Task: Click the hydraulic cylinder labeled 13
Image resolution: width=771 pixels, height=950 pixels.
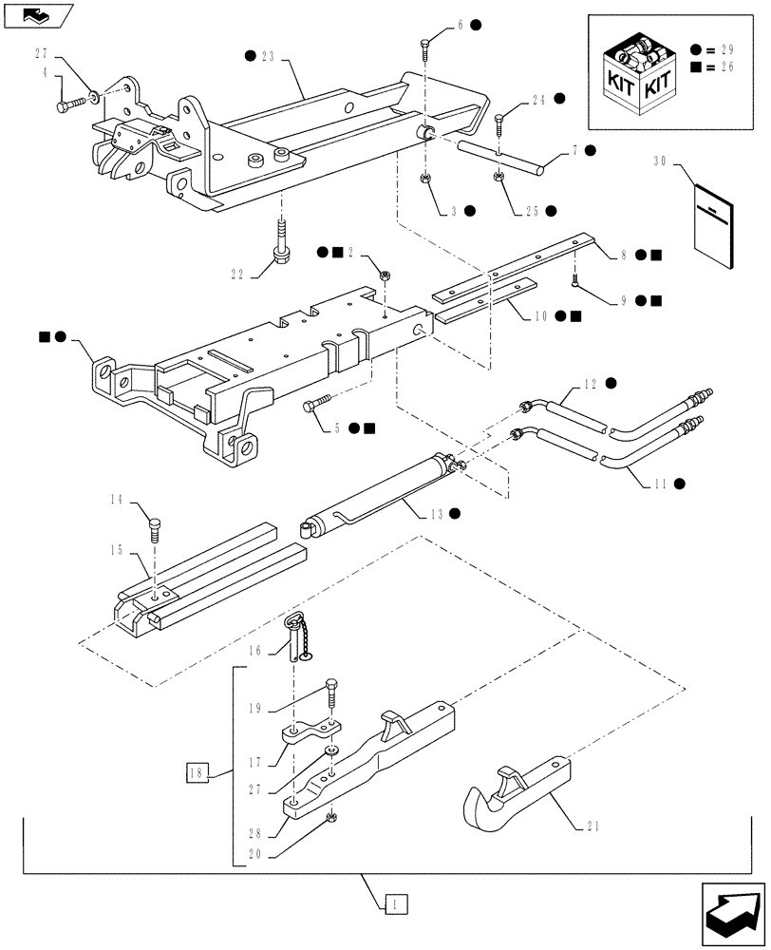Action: pos(380,495)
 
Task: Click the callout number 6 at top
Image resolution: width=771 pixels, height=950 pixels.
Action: pos(461,25)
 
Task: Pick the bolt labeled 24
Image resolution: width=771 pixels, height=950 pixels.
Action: pos(500,123)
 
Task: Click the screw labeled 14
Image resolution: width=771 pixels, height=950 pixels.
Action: pos(155,526)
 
